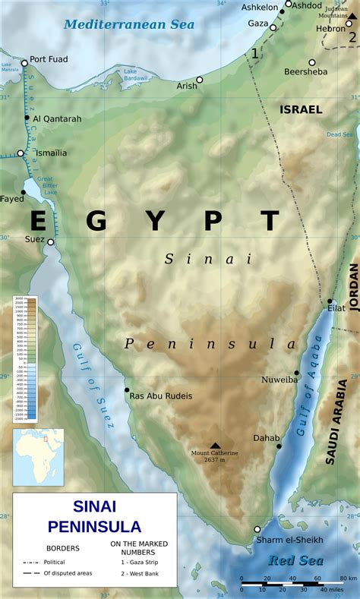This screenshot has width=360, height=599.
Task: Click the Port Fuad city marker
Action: pyautogui.click(x=24, y=63)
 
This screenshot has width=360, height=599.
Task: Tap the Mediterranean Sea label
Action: pyautogui.click(x=129, y=24)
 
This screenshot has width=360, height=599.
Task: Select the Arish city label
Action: pyautogui.click(x=187, y=86)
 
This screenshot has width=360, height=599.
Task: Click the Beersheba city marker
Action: pyautogui.click(x=311, y=62)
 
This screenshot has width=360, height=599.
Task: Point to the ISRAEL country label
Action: pyautogui.click(x=301, y=109)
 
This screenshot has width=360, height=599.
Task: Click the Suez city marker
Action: pyautogui.click(x=50, y=242)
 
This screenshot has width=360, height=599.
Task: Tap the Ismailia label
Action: pyautogui.click(x=49, y=153)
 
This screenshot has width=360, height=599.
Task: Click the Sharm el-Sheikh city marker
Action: pyautogui.click(x=257, y=529)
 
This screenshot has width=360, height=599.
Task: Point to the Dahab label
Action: pyautogui.click(x=267, y=438)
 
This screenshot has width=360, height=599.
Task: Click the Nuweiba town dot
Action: pyautogui.click(x=297, y=374)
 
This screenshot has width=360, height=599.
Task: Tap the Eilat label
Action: pyautogui.click(x=336, y=308)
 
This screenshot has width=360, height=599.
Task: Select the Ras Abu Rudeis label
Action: pyautogui.click(x=160, y=396)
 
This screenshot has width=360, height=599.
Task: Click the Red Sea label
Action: pyautogui.click(x=295, y=561)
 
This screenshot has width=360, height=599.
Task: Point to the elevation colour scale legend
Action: pyautogui.click(x=25, y=359)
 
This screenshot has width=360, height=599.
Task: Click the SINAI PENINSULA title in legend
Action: pyautogui.click(x=94, y=516)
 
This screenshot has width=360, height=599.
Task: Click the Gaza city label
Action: pyautogui.click(x=258, y=24)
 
